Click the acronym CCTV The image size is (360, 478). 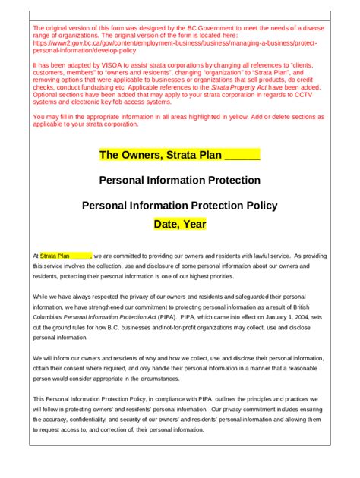click(317, 95)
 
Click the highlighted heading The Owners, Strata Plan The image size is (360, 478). click(179, 156)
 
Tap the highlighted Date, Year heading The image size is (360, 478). click(179, 225)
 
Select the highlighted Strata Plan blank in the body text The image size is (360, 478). click(65, 256)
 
